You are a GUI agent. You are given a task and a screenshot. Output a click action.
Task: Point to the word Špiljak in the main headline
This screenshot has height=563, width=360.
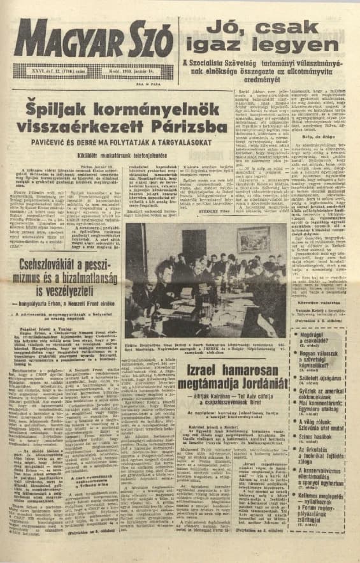pos(53,106)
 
